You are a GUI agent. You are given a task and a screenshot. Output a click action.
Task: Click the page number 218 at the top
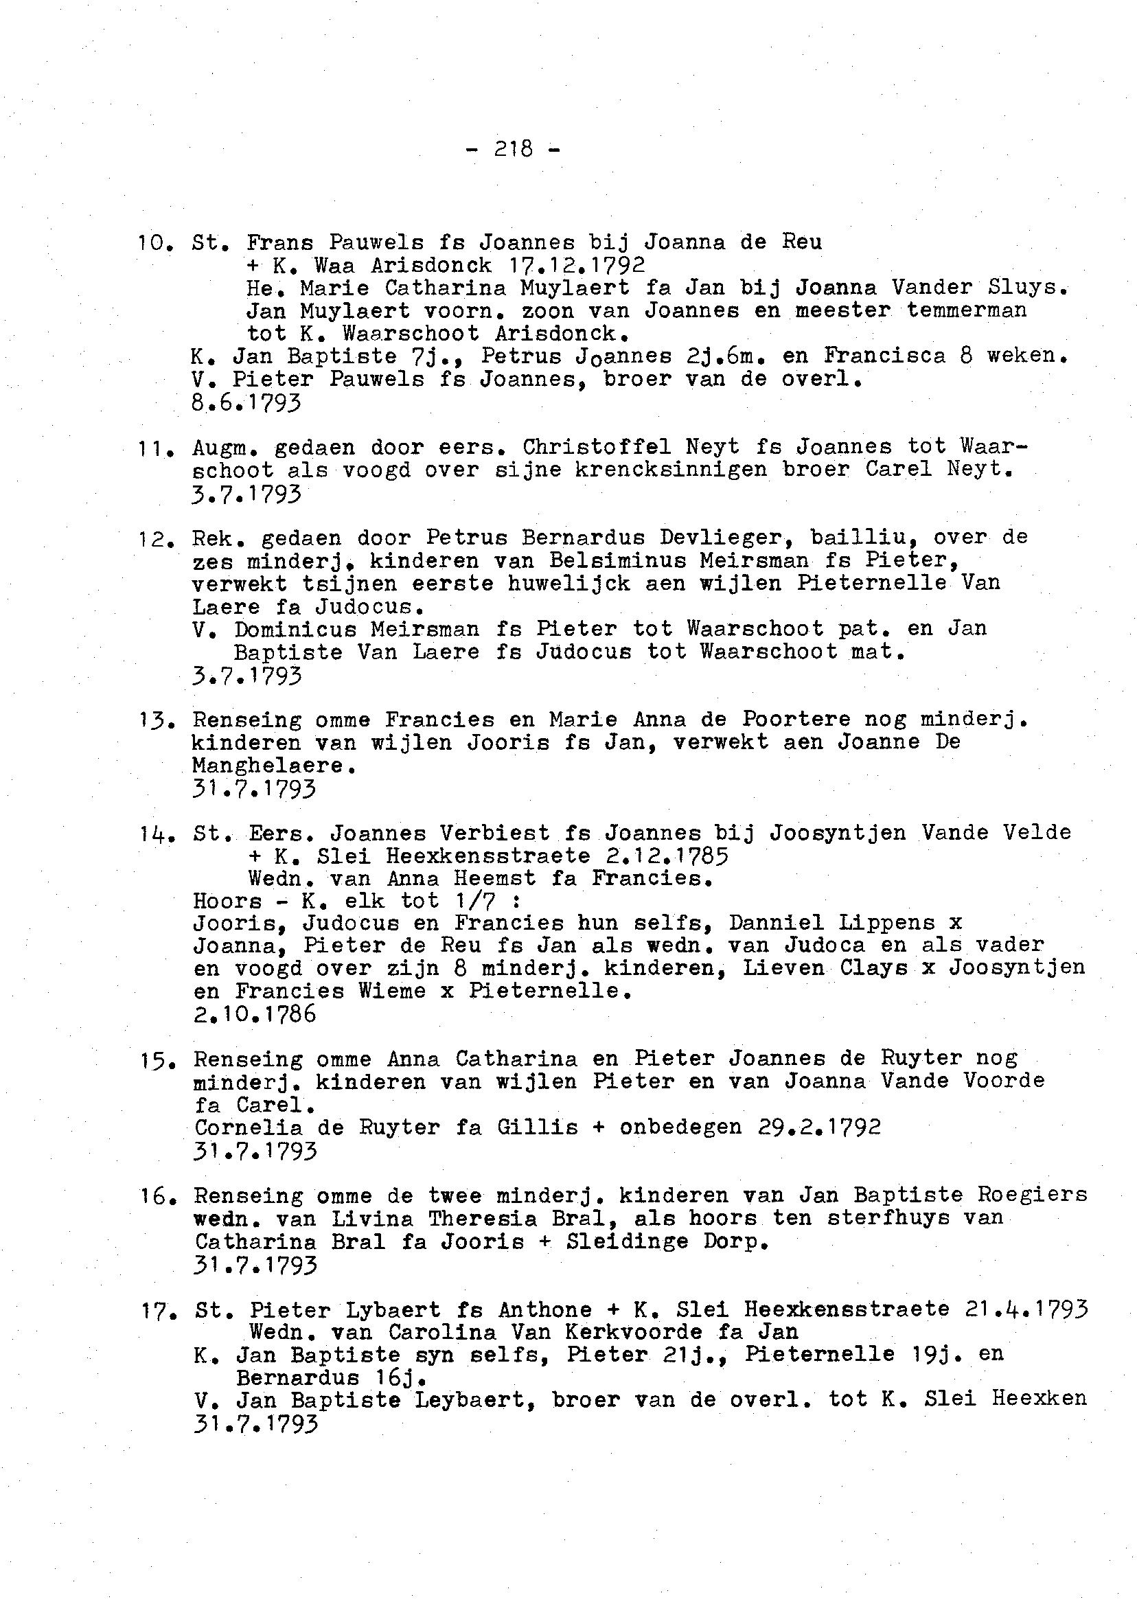tap(513, 149)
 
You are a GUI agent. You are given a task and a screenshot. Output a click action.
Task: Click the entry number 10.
tap(152, 243)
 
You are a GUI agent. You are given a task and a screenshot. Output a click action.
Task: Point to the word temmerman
tap(966, 310)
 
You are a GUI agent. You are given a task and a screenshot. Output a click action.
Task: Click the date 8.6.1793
tap(246, 402)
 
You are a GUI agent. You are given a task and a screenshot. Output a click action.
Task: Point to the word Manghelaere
tap(269, 765)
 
